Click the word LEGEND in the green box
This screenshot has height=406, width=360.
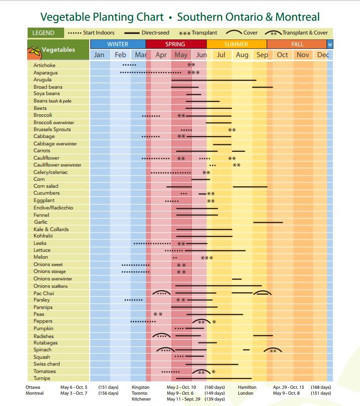[x=43, y=33]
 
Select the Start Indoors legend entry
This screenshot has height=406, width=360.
[x=91, y=33]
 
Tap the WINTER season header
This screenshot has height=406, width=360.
[x=117, y=44]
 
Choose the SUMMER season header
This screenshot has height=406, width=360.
[x=236, y=44]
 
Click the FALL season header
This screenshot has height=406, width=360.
[x=297, y=44]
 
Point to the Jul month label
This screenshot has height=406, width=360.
[x=221, y=55]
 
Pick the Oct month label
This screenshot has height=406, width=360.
[x=282, y=55]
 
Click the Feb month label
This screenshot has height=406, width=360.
[x=120, y=55]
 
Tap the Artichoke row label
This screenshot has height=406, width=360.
[x=44, y=65]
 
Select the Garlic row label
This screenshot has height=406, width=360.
[x=40, y=222]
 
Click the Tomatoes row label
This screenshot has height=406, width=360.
[x=44, y=372]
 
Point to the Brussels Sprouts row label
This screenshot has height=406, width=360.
[x=52, y=130]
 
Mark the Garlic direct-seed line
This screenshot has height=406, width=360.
[x=268, y=222]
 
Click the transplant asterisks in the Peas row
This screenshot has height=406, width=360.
[x=158, y=314]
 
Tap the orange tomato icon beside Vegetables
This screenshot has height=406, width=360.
[x=34, y=50]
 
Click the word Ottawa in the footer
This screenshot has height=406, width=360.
[x=33, y=387]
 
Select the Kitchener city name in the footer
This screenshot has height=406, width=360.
[x=141, y=399]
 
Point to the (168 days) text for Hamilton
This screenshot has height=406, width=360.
[x=321, y=387]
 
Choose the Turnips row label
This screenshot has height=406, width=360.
[x=42, y=378]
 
